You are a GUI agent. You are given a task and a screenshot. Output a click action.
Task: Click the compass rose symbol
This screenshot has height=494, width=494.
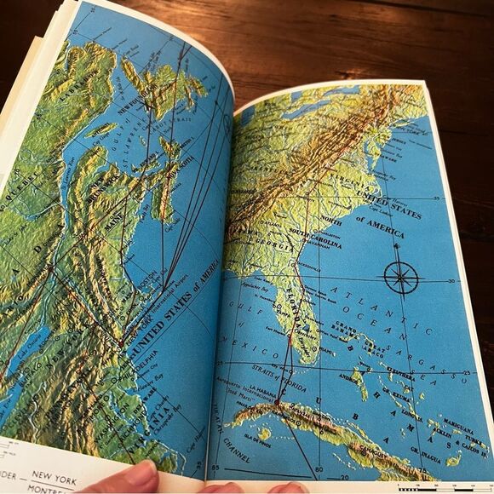(399, 278)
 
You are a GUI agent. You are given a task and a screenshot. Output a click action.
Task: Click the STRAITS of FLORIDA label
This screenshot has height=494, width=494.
(273, 368)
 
